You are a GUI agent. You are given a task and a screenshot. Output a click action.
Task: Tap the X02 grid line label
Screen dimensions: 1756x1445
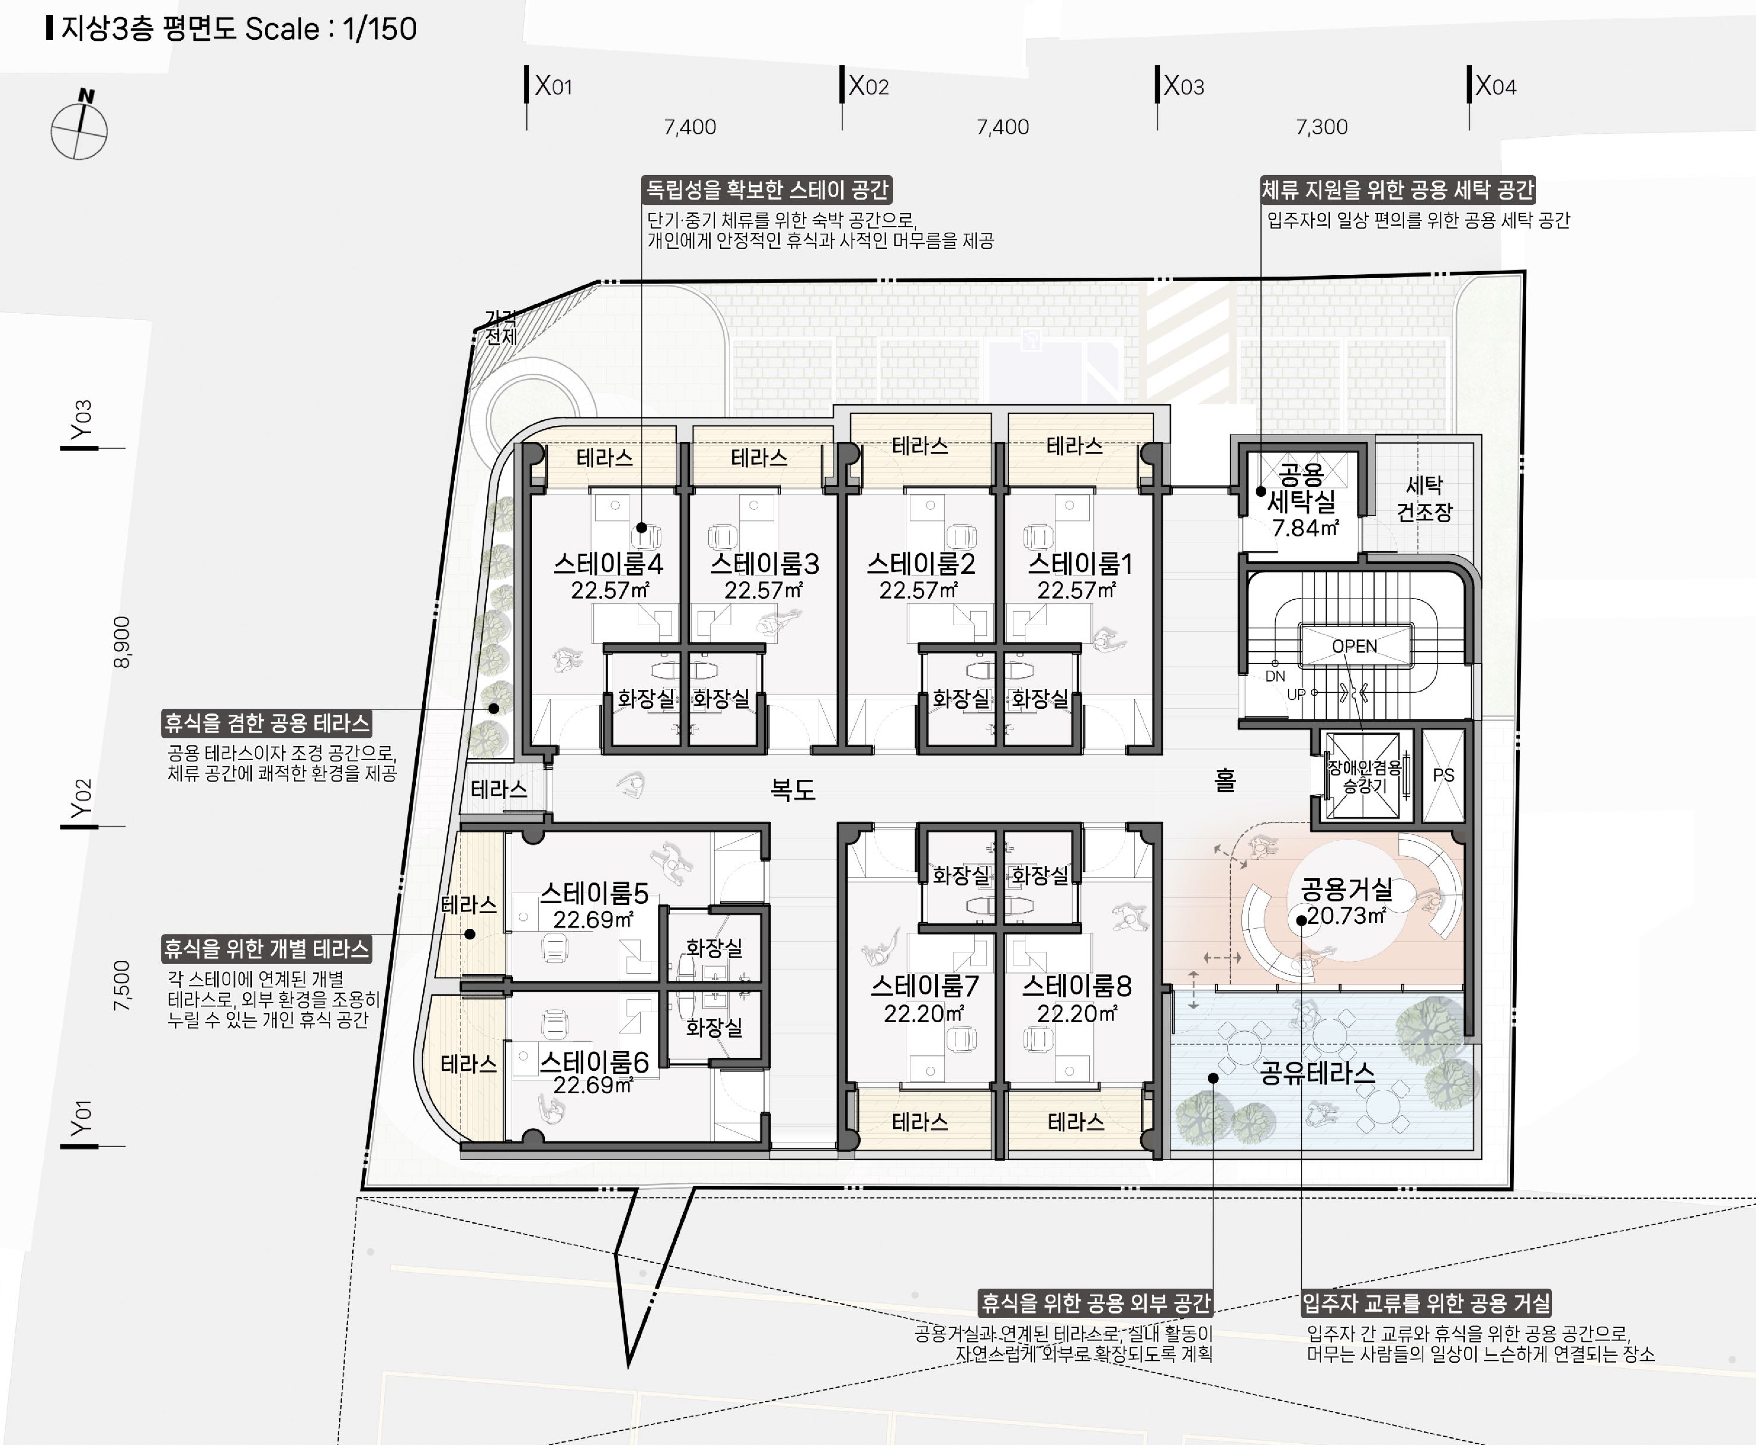tap(868, 86)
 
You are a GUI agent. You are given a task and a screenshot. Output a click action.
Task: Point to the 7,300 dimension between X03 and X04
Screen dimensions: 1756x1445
tap(1322, 126)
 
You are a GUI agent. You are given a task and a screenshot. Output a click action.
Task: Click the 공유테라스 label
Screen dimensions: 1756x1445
tap(1318, 1072)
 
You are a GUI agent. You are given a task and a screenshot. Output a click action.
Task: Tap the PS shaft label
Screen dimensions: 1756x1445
tap(1443, 775)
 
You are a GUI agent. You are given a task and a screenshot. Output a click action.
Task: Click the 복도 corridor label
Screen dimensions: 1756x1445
tap(792, 789)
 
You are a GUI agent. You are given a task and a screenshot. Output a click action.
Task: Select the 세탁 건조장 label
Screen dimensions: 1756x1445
tap(1424, 498)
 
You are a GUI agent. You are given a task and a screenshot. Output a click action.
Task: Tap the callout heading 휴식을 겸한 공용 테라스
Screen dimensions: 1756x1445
tap(266, 722)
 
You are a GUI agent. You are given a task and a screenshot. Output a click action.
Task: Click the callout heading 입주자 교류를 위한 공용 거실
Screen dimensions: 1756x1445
tap(1426, 1303)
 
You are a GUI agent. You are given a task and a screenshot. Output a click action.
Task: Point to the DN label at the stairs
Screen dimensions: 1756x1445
tap(1275, 676)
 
